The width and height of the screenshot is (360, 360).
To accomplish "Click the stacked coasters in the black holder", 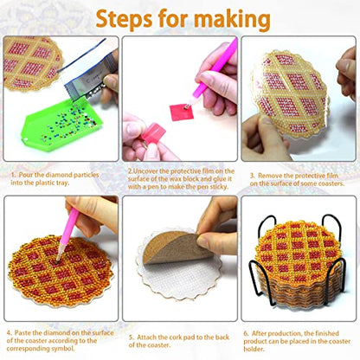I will click(x=298, y=260).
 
